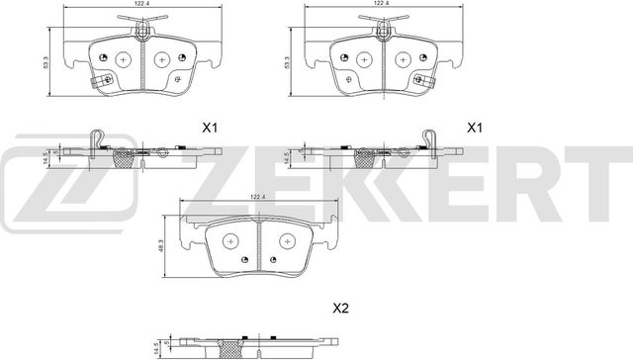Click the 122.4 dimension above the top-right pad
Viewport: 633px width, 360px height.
pyautogui.click(x=379, y=5)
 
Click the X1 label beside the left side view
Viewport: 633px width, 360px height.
pyautogui.click(x=209, y=128)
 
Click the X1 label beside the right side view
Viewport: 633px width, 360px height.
pyautogui.click(x=475, y=128)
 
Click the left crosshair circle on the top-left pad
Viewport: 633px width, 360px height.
pyautogui.click(x=123, y=58)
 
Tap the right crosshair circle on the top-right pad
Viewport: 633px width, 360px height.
pyautogui.click(x=403, y=58)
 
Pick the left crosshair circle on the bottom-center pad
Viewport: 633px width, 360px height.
pyautogui.click(x=231, y=239)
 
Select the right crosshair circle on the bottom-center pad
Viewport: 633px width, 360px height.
pyautogui.click(x=290, y=239)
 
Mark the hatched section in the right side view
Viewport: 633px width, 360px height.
pyautogui.click(x=362, y=155)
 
